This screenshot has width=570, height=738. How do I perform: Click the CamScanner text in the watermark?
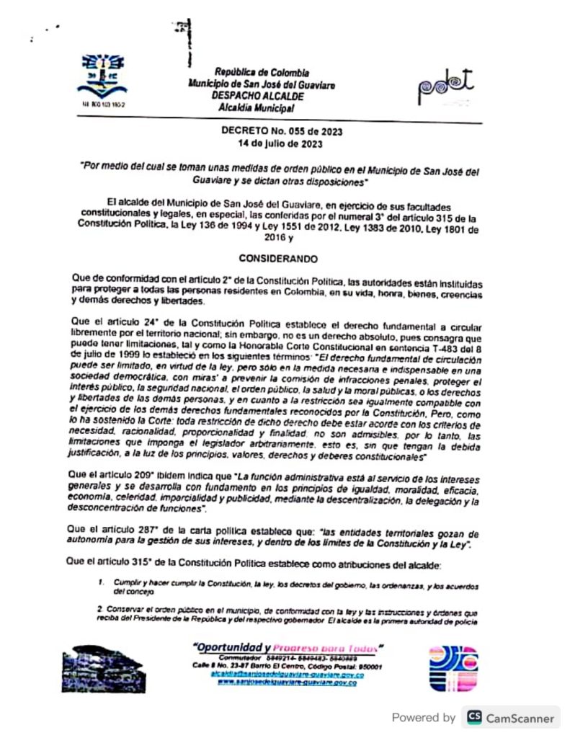(x=520, y=718)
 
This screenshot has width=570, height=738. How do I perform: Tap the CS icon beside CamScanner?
(x=474, y=717)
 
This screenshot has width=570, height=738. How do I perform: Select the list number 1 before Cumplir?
(x=101, y=581)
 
